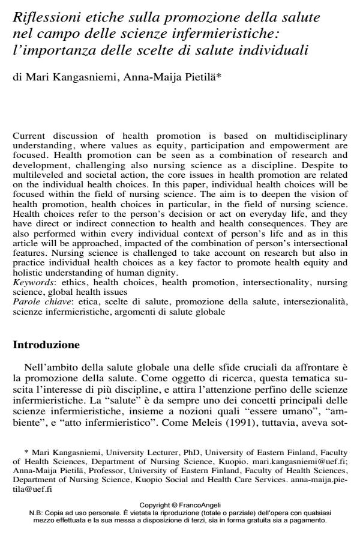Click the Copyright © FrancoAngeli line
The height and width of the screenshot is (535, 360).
(181, 504)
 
